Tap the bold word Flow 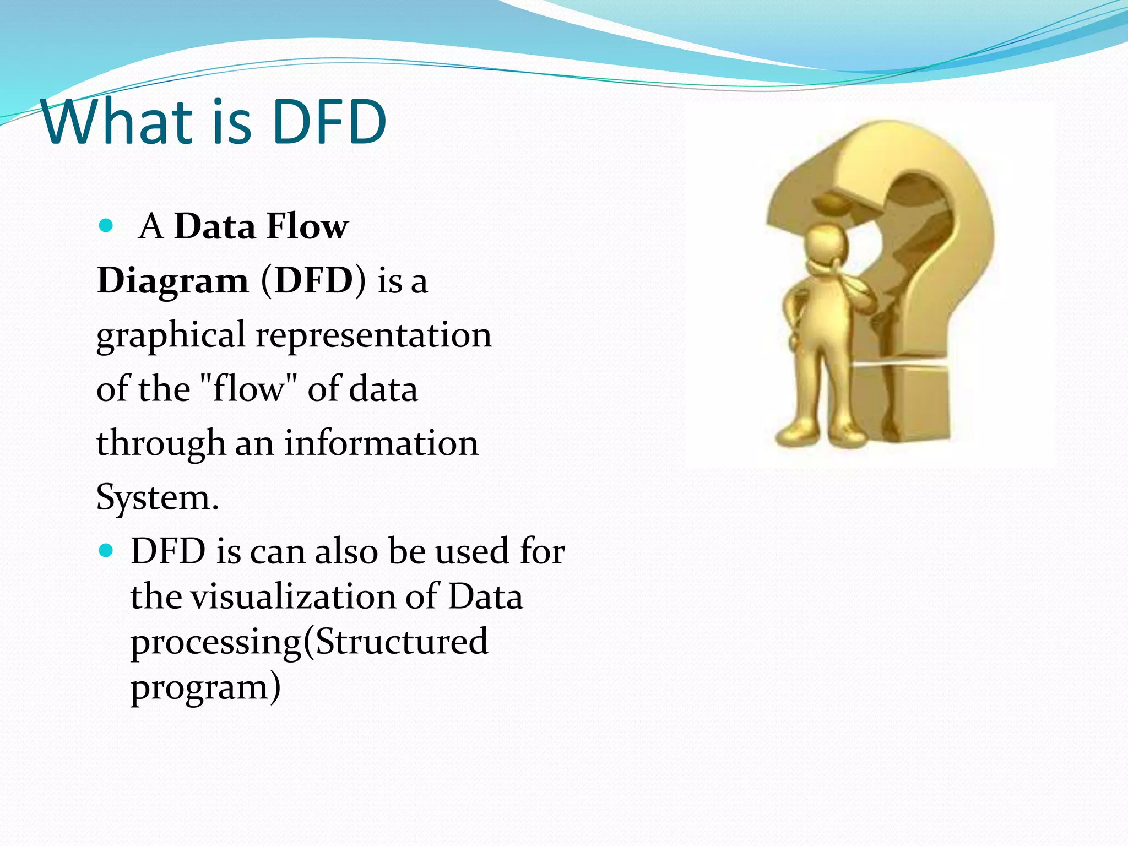pos(307,226)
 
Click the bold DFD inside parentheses pos(313,280)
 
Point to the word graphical pos(171,335)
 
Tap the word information pos(381,443)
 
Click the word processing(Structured pos(309,642)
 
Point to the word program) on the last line pos(205,687)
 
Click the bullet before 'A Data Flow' pos(105,225)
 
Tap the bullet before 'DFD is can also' pos(105,550)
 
